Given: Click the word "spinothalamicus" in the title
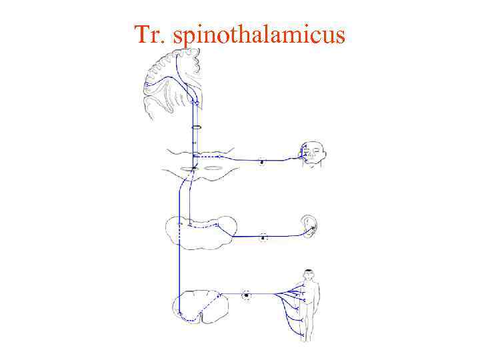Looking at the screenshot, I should tap(259, 35).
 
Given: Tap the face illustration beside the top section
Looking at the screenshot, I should tap(311, 155).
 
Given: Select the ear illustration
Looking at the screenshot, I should tap(309, 227).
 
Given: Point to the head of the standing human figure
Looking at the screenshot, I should tap(307, 275).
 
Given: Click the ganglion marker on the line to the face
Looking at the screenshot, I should tap(262, 161).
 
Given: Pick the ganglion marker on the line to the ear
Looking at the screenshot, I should tap(263, 237).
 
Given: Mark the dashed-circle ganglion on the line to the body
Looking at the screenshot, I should tap(247, 294).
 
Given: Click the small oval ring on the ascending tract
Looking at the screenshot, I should tap(196, 127).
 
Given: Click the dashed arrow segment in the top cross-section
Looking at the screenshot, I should tap(209, 156).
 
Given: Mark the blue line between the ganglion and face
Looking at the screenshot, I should tap(280, 159).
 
